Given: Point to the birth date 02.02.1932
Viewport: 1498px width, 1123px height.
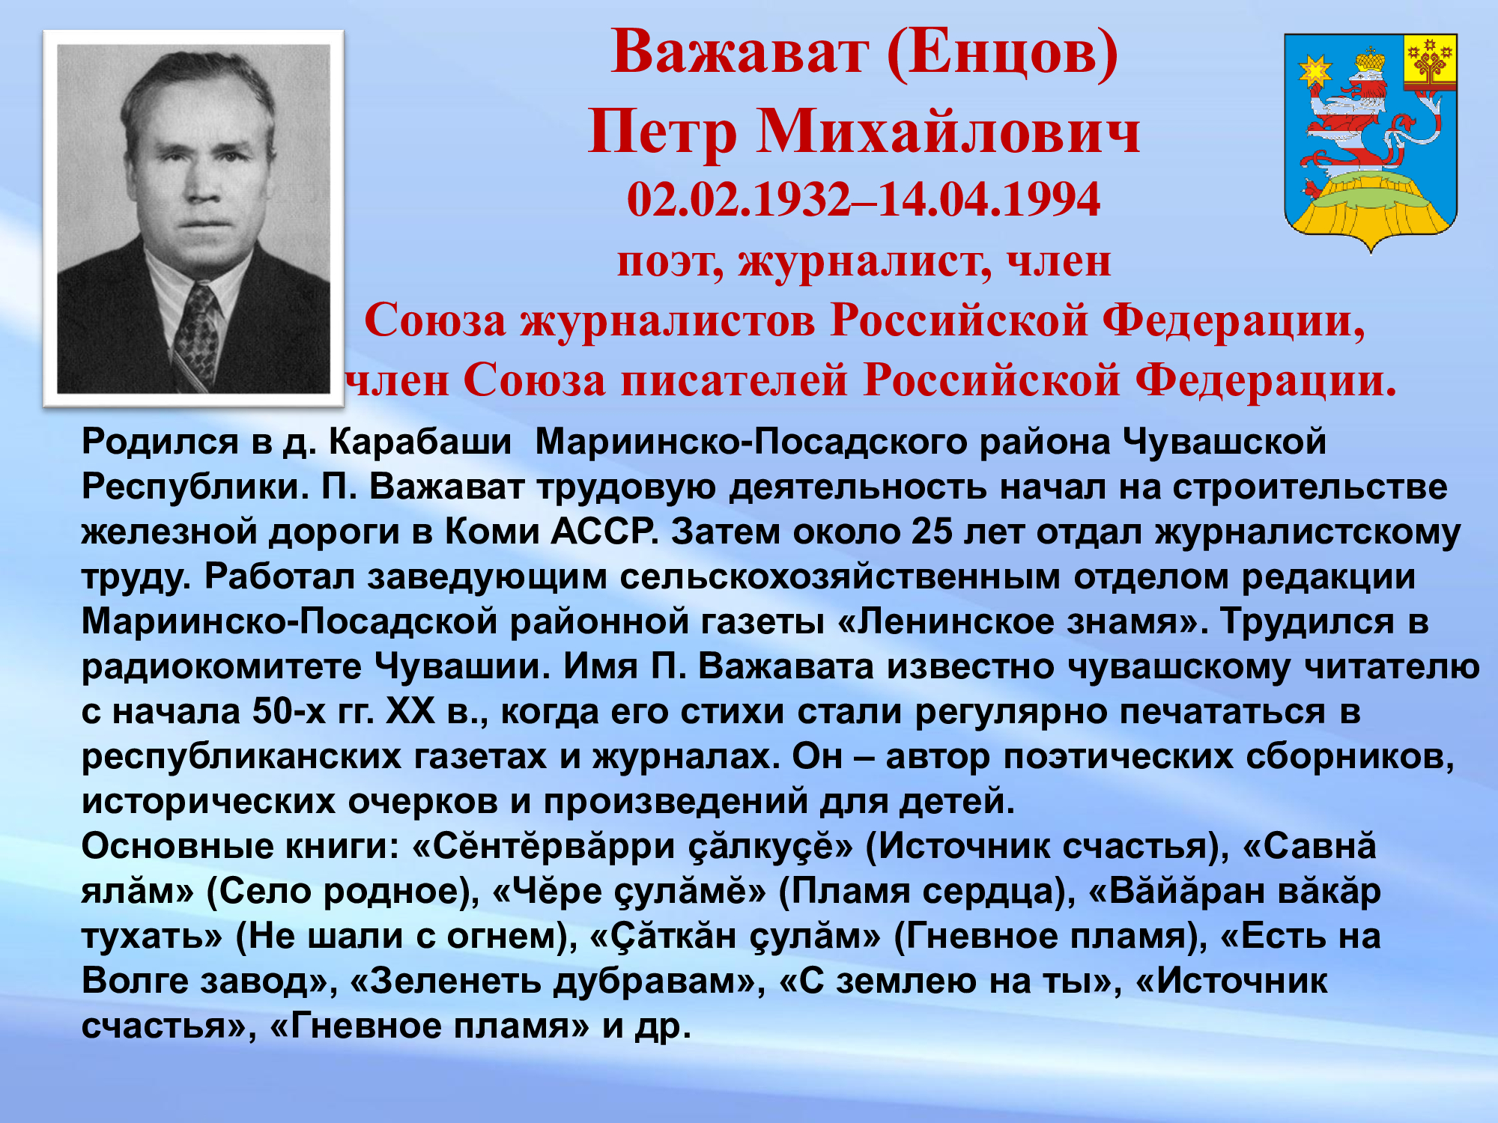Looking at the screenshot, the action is [739, 200].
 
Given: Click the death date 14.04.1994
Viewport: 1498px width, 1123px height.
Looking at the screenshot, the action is [989, 200].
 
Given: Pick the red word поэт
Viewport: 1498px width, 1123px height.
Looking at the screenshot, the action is [670, 261].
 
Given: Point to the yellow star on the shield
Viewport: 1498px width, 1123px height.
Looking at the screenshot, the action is [1314, 71].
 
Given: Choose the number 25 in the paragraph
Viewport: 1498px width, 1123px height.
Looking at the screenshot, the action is [932, 532].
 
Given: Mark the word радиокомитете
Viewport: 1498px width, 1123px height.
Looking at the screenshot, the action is [221, 667].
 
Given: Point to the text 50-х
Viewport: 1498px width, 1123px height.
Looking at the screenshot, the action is [289, 711].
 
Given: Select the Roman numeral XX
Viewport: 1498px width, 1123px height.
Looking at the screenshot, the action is [410, 711].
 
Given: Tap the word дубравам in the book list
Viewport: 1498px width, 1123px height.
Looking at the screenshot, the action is [660, 982].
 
